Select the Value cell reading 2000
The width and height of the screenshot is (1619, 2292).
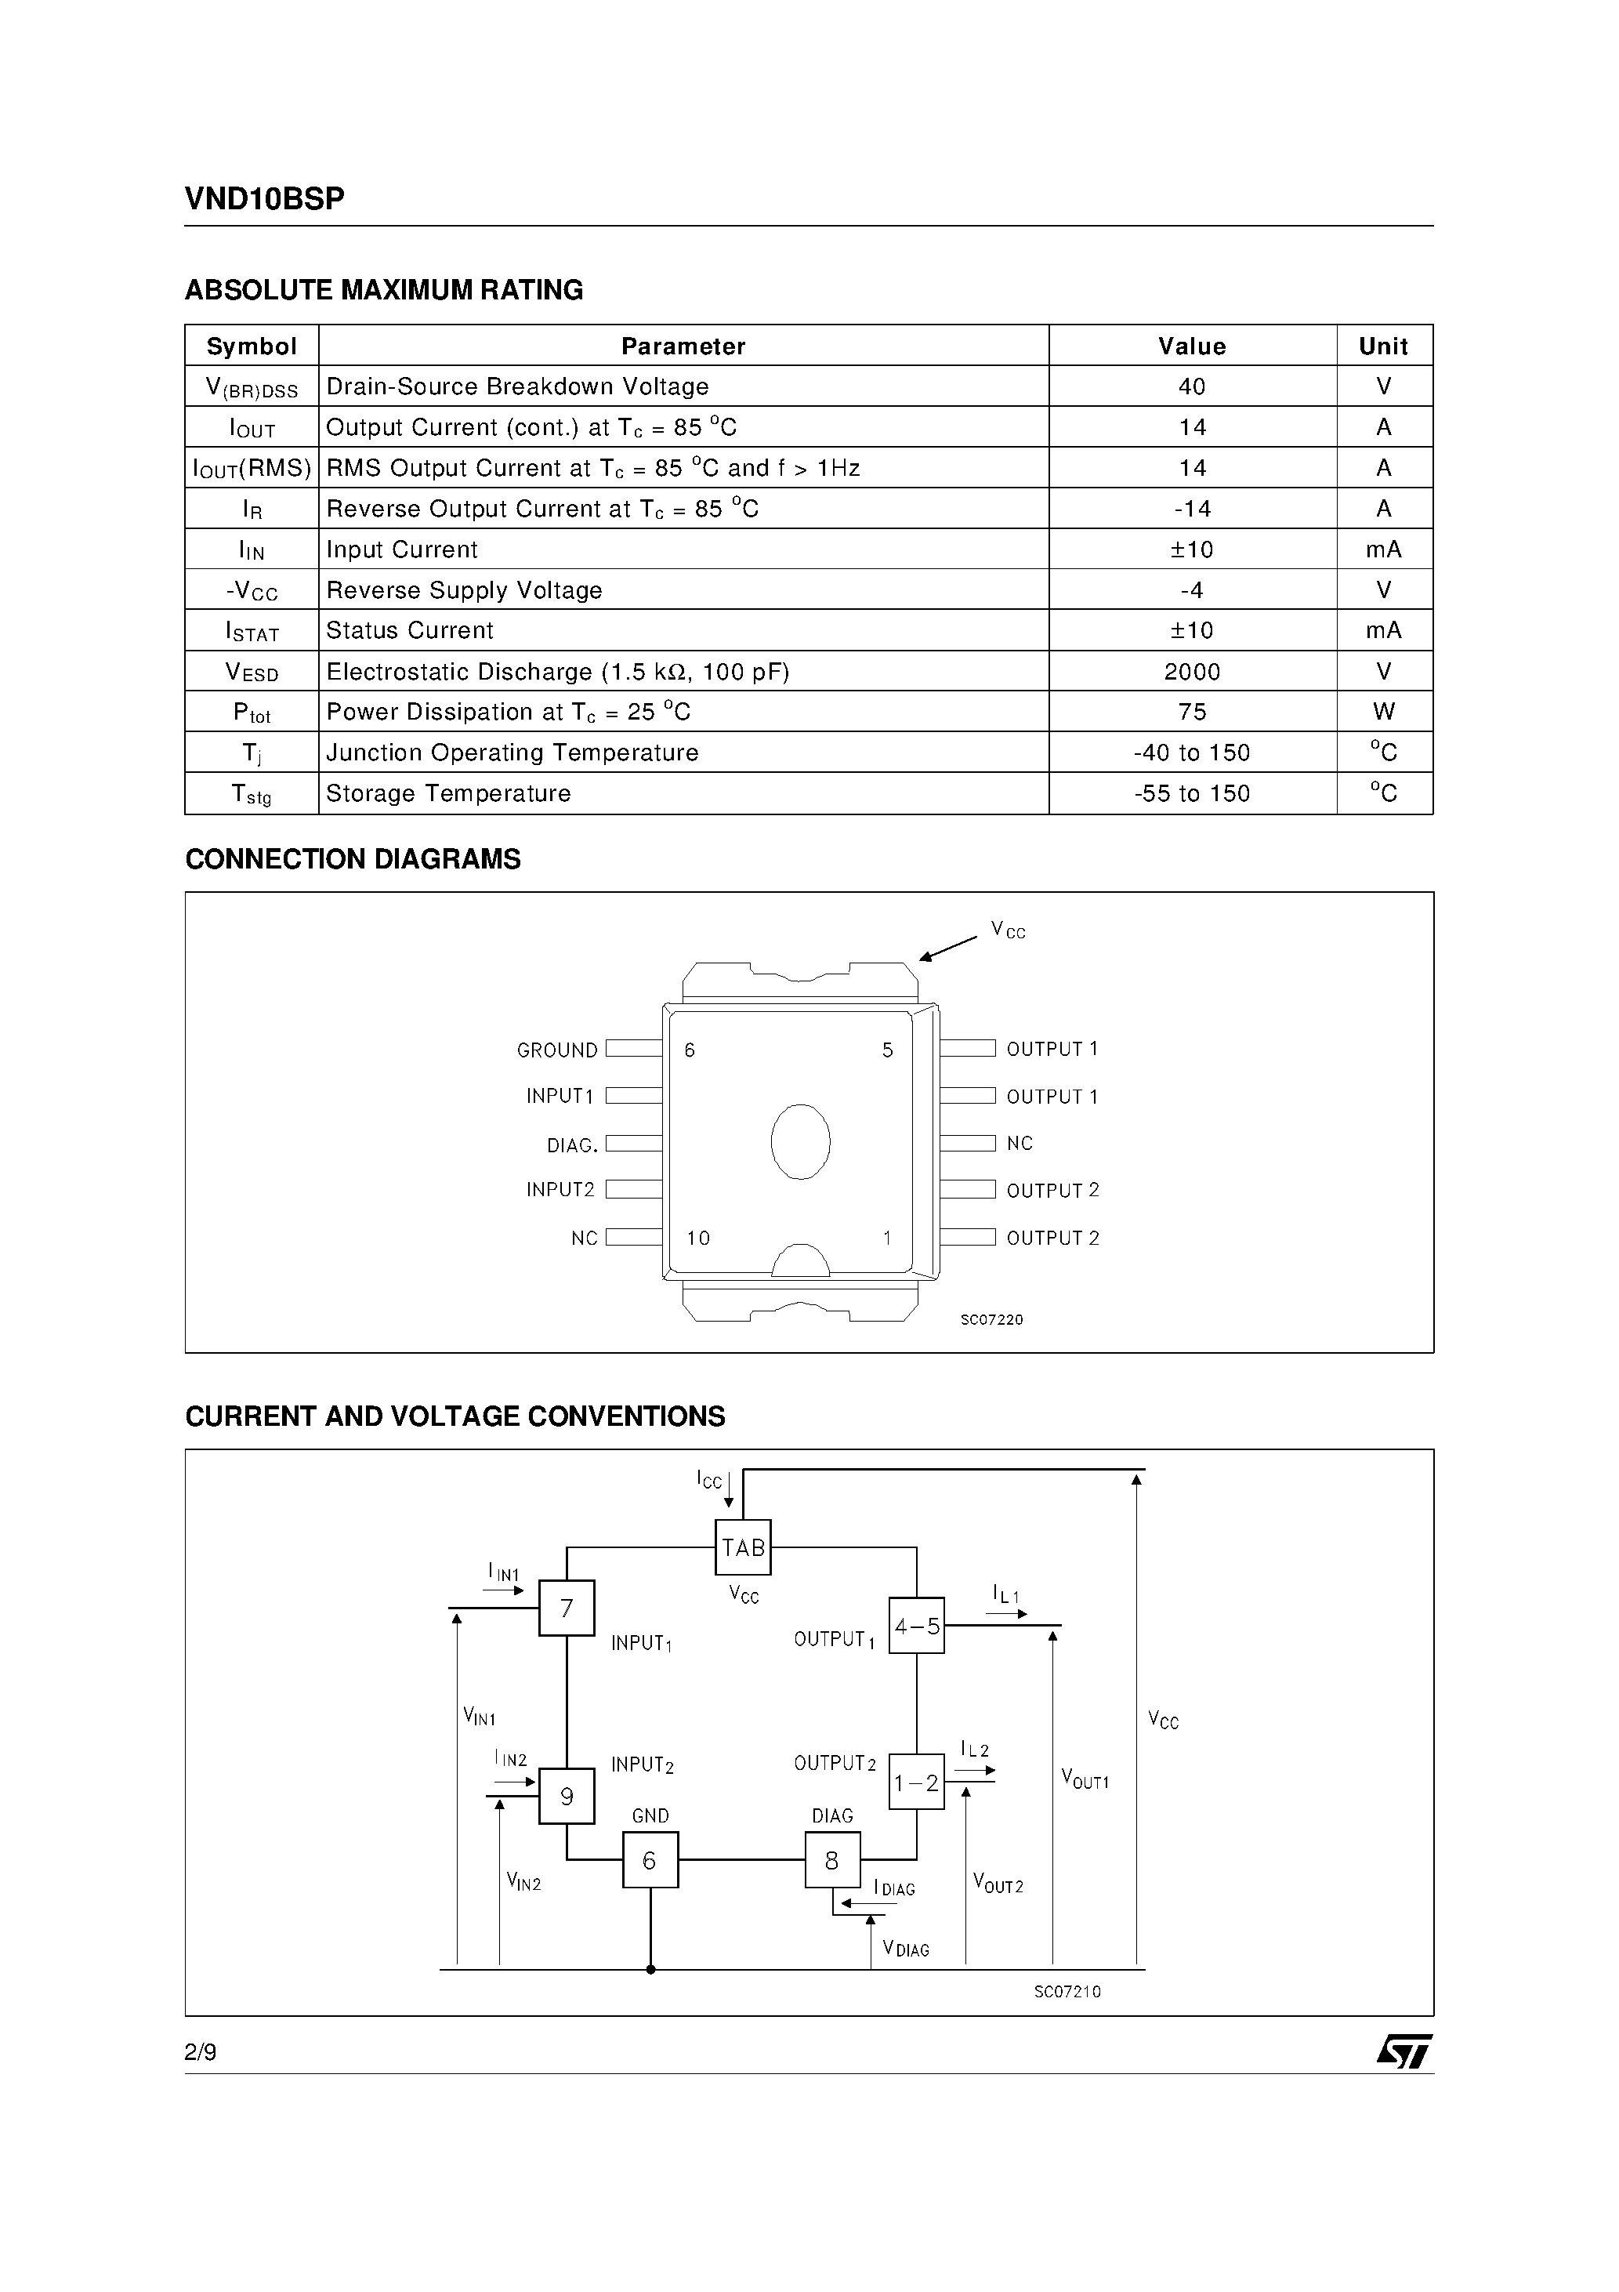tap(1192, 672)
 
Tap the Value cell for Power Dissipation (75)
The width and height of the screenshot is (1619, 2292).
tap(1192, 712)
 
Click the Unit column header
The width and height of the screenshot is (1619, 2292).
tap(1383, 346)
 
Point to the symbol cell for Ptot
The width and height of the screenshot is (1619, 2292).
tap(252, 713)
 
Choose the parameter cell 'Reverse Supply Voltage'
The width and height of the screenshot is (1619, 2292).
tap(464, 590)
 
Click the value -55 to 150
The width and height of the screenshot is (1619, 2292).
tap(1192, 793)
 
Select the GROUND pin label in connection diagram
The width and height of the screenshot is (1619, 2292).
tap(557, 1050)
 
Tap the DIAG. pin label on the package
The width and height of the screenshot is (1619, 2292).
tap(572, 1145)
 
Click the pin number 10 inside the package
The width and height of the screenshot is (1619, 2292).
tap(697, 1238)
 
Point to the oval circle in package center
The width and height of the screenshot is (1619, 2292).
tap(801, 1142)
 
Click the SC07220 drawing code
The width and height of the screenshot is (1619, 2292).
tap(991, 1320)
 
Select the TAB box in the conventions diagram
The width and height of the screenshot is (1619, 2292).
tap(744, 1548)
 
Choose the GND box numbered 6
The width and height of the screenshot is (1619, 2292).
tap(650, 1861)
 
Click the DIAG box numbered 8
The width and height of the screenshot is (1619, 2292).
tap(832, 1861)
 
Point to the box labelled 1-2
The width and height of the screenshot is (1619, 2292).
tap(916, 1782)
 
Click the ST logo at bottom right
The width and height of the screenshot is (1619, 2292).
tap(1404, 2052)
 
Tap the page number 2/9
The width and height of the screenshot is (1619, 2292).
tap(201, 2052)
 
